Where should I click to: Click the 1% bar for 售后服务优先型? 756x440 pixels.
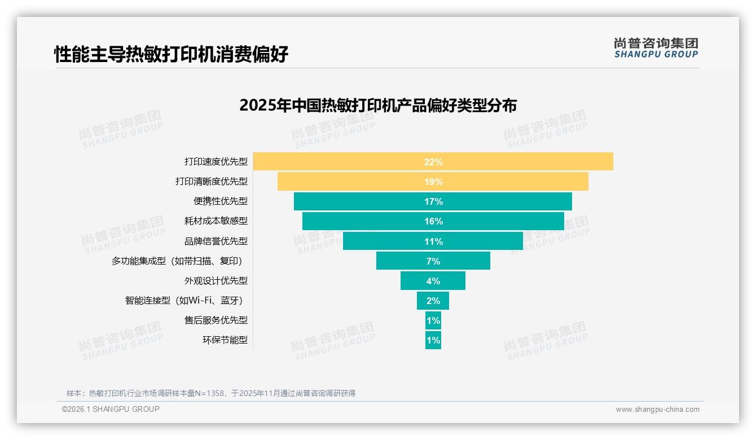pyautogui.click(x=433, y=320)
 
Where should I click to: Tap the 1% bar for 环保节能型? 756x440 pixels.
pyautogui.click(x=433, y=340)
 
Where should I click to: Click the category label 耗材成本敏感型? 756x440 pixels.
pyautogui.click(x=216, y=221)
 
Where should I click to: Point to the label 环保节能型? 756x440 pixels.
pyautogui.click(x=225, y=340)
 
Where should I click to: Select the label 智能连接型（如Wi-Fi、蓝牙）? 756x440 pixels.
pyautogui.click(x=187, y=301)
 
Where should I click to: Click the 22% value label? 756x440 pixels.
pyautogui.click(x=433, y=162)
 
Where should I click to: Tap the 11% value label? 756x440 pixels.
pyautogui.click(x=433, y=241)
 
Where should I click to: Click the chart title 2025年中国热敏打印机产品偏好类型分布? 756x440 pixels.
pyautogui.click(x=378, y=105)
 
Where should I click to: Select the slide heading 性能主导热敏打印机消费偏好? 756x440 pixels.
pyautogui.click(x=171, y=54)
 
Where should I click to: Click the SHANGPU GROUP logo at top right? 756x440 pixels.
pyautogui.click(x=656, y=48)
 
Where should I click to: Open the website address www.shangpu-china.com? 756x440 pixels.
pyautogui.click(x=657, y=410)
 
